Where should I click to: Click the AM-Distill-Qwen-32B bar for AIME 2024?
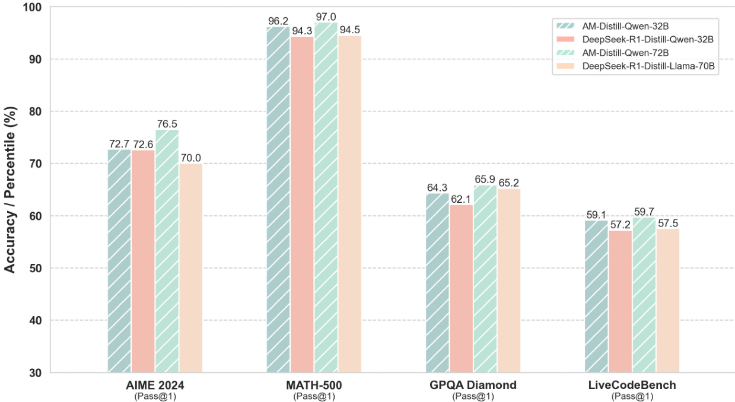click(119, 261)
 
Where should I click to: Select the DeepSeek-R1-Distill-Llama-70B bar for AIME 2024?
click(190, 268)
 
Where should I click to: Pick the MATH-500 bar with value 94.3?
click(302, 205)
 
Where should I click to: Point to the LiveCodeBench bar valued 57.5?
click(667, 301)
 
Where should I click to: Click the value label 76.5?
click(167, 123)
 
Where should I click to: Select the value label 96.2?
click(278, 21)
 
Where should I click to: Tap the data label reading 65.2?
click(508, 183)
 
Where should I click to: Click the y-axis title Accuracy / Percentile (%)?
click(10, 190)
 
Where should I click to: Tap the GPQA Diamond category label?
click(473, 385)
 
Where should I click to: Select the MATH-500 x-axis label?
click(314, 385)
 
